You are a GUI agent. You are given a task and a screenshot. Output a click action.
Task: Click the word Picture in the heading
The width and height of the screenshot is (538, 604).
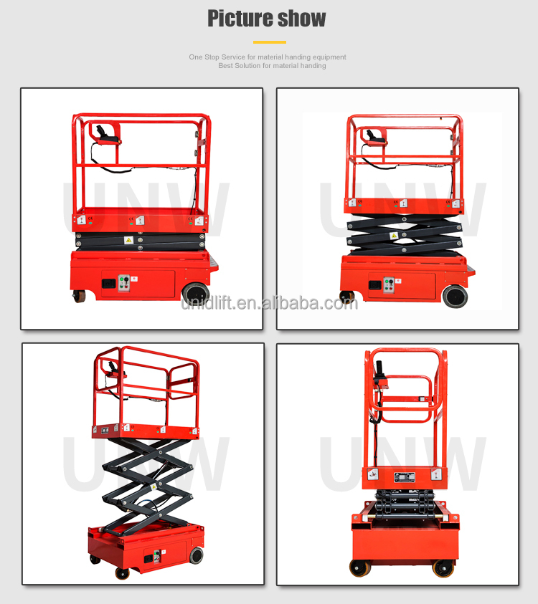click(239, 19)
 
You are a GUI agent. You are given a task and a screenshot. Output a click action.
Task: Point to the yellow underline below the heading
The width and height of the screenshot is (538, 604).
click(269, 42)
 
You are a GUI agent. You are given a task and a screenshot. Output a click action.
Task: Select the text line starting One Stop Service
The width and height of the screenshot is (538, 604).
click(268, 57)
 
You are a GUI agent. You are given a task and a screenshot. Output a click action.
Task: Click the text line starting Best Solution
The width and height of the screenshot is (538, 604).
click(272, 66)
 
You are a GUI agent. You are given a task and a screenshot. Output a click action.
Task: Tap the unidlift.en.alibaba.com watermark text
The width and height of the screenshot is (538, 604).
click(269, 302)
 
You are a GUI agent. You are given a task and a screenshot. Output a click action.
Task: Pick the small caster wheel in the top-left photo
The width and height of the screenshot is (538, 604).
click(79, 296)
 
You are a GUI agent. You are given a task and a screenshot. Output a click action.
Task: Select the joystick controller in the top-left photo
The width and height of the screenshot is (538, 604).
click(105, 134)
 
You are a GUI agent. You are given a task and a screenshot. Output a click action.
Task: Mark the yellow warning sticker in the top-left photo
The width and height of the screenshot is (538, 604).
click(128, 240)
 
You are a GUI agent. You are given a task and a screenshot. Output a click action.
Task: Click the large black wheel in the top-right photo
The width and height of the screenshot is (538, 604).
click(455, 296)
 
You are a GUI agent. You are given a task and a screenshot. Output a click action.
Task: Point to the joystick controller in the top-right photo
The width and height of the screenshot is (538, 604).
click(375, 136)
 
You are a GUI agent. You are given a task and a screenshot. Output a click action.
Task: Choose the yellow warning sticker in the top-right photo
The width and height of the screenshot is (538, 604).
click(393, 236)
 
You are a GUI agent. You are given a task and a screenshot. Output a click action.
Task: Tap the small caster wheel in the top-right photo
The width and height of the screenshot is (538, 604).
click(346, 296)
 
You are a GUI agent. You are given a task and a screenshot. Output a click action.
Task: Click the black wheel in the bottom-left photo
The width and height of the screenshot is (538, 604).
click(196, 555)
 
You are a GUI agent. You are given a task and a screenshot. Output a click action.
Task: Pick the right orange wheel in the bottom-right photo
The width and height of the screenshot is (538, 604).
click(443, 567)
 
